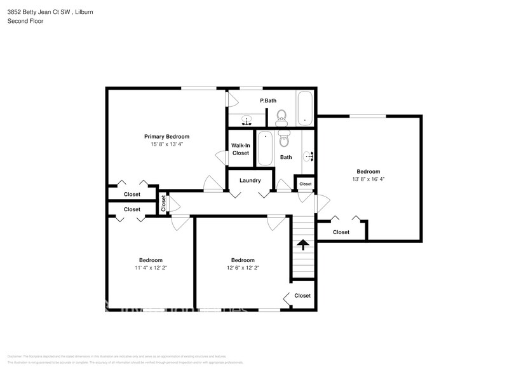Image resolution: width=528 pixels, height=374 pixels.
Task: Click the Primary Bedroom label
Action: (166, 136)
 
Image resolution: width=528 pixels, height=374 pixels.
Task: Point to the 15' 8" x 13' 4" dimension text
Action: (166, 144)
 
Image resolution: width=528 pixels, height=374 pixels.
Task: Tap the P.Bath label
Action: (268, 100)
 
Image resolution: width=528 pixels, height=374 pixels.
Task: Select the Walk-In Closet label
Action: (240, 149)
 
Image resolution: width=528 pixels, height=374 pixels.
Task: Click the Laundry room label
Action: (250, 181)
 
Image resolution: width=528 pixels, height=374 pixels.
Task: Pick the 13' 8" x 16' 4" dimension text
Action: (368, 179)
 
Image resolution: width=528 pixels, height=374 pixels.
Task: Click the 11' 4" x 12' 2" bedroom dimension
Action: (151, 268)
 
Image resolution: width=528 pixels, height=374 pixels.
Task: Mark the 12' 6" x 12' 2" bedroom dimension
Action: (243, 268)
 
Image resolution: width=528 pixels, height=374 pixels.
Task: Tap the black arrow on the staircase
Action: (303, 244)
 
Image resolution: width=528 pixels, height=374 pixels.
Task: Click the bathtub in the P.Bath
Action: (306, 108)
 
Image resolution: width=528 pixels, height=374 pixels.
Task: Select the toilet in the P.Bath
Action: (281, 117)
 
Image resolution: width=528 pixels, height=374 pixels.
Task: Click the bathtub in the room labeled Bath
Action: (264, 148)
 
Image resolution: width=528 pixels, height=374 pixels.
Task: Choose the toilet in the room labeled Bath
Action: (284, 138)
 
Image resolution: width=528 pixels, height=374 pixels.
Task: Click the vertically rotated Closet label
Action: (163, 203)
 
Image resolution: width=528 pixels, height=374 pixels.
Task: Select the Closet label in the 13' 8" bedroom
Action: (341, 232)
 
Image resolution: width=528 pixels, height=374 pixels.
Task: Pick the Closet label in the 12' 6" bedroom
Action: (302, 296)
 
